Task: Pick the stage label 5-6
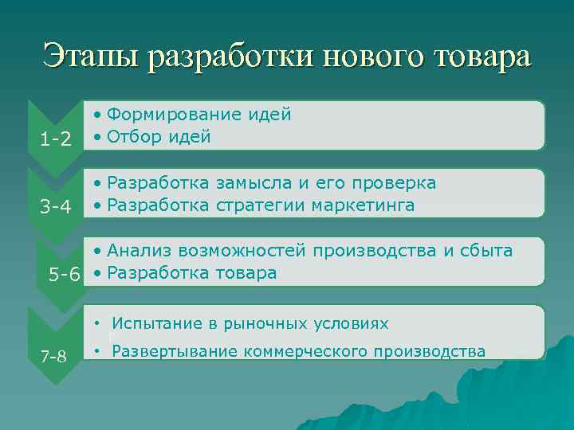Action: click(65, 276)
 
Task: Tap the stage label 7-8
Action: click(54, 355)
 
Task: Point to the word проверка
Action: click(392, 183)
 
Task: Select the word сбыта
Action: click(486, 251)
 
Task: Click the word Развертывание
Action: click(174, 350)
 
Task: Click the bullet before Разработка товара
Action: click(96, 273)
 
